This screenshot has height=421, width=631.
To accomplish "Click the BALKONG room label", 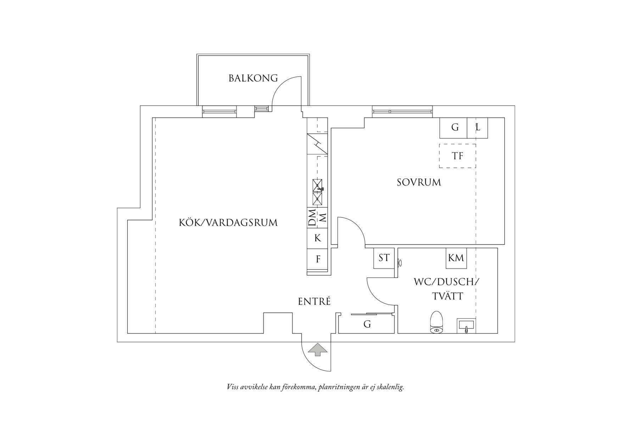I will pos(253,78).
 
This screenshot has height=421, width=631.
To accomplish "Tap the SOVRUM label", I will pos(419,182).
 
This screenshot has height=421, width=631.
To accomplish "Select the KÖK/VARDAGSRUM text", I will pos(228,223).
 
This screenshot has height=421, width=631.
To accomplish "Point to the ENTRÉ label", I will pos(314,301).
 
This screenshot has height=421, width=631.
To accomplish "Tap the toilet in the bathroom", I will pos(436,322).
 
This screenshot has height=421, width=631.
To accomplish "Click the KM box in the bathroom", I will pos(456,258).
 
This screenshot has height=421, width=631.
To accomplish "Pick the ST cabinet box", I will pos(384,258).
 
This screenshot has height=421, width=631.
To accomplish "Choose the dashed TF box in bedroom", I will pos(457,156).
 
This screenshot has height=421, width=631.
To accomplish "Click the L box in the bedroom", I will pos(478,127).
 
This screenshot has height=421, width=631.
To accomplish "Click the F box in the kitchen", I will pos(318,259).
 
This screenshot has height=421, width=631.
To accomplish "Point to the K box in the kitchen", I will pos(318,238).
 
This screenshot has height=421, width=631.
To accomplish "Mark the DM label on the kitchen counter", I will pos(312,218).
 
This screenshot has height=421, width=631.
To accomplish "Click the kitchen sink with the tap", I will pos(318,185).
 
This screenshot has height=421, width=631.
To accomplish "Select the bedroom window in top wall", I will pos(402,111).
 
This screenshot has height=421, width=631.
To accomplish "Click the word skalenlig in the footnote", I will pos(389,387).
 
